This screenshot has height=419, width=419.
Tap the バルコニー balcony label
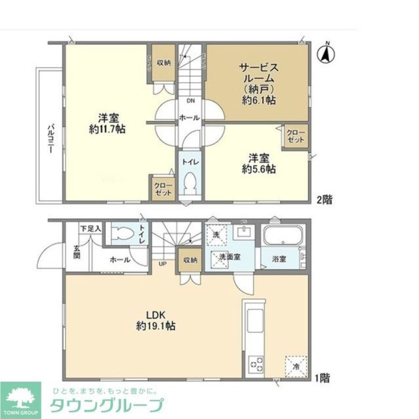pos(50,138)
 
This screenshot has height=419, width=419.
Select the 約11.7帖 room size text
pos(107,129)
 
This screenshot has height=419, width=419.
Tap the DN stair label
pos(191,101)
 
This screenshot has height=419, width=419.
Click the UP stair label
pos(162,264)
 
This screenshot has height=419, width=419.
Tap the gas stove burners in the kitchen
pos(256,364)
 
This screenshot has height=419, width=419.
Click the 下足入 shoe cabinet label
pos(91,229)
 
